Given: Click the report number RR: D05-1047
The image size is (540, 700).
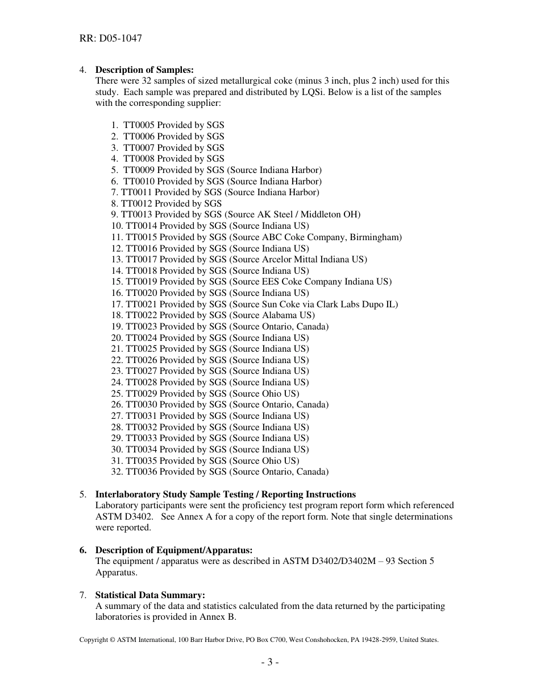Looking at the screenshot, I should click(110, 39).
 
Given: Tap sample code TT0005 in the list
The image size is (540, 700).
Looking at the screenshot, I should click(139, 125).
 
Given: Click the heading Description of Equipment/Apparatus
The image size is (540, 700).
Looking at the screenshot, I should click(174, 550).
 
